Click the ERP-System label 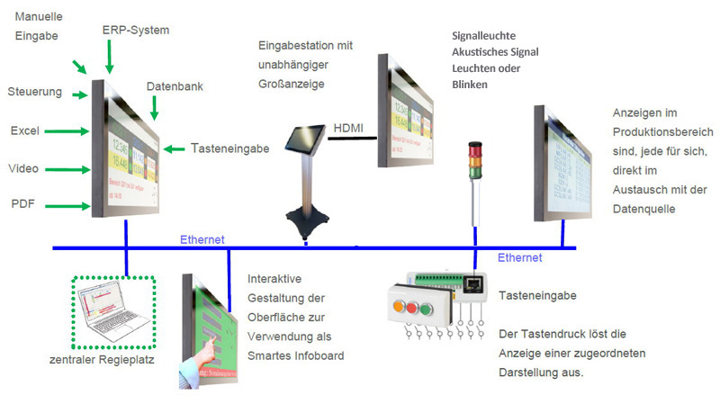tap(136, 30)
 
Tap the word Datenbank tap(175, 86)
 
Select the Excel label tap(23, 130)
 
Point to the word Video tap(23, 168)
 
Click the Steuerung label tap(34, 92)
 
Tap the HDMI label tap(348, 129)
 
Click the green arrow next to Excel tap(66, 131)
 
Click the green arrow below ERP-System tap(109, 57)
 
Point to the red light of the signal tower tap(478, 148)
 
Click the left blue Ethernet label tap(202, 239)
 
